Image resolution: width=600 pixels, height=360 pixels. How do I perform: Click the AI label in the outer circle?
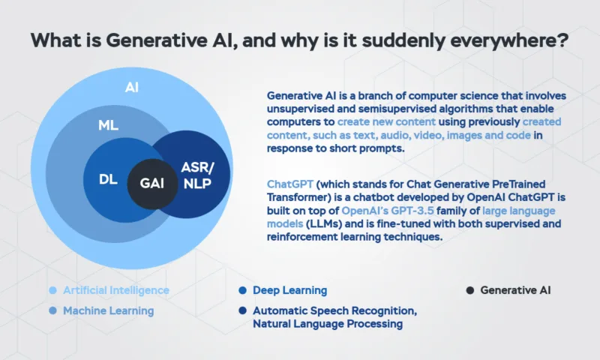pyautogui.click(x=131, y=88)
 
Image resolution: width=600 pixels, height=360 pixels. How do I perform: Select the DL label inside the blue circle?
pyautogui.click(x=108, y=181)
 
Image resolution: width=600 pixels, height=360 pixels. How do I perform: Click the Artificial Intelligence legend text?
pyautogui.click(x=115, y=290)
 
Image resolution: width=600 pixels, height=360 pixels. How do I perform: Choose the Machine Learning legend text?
pyautogui.click(x=108, y=310)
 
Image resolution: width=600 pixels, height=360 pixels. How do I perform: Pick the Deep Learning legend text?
pyautogui.click(x=289, y=290)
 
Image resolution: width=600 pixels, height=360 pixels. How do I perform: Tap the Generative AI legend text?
pyautogui.click(x=515, y=290)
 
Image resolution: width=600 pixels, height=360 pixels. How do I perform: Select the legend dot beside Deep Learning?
pyautogui.click(x=242, y=290)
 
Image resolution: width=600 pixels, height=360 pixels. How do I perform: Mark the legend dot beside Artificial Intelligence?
pyautogui.click(x=52, y=290)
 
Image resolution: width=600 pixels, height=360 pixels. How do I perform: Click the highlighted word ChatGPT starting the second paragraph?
pyautogui.click(x=291, y=184)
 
